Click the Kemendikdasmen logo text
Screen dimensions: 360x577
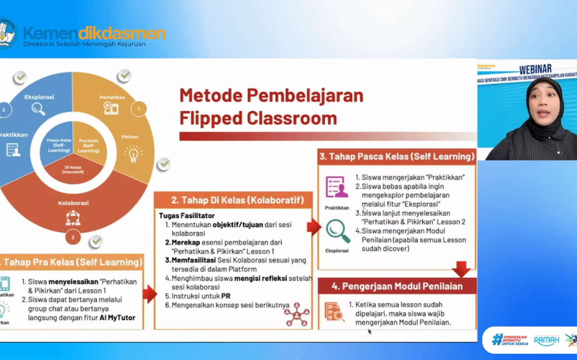coord(94,34)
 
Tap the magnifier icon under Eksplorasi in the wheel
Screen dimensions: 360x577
coord(38,109)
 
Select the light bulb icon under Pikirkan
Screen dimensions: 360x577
coord(133,154)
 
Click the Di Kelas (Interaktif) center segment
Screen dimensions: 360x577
coord(73,170)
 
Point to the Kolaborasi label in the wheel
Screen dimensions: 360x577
coord(73,203)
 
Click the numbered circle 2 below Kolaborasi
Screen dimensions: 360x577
coord(73,237)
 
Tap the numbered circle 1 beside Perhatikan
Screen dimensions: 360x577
coord(139,108)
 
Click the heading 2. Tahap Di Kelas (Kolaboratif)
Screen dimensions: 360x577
coord(234,200)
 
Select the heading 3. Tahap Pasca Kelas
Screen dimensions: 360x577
coord(397,157)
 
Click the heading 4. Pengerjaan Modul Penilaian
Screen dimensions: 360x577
coord(397,286)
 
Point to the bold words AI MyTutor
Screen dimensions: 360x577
coord(117,318)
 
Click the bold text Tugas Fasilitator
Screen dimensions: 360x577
coord(186,216)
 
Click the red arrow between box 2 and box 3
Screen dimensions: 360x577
coord(314,227)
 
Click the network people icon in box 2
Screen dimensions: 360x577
coord(297,314)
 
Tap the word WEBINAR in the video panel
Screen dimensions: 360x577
coord(535,69)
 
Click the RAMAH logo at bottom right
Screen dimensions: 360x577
coord(546,340)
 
